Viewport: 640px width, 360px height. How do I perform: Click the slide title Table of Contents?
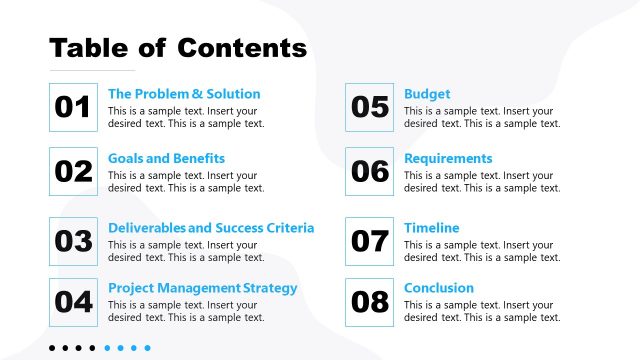pyautogui.click(x=178, y=47)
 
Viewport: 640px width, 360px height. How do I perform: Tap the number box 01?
pyautogui.click(x=73, y=107)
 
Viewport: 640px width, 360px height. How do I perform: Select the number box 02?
pyautogui.click(x=73, y=171)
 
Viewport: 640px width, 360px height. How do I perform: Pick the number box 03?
pyautogui.click(x=73, y=241)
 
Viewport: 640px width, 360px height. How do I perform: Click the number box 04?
pyautogui.click(x=73, y=301)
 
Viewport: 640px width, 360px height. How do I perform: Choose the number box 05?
pyautogui.click(x=370, y=107)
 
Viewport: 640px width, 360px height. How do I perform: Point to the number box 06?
pyautogui.click(x=370, y=171)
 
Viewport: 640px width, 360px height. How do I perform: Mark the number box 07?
pyautogui.click(x=370, y=241)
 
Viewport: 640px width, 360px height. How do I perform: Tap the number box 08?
pyautogui.click(x=370, y=301)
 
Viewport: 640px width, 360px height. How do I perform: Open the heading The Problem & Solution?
pyautogui.click(x=184, y=94)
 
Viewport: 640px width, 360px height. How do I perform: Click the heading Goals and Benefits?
pyautogui.click(x=166, y=158)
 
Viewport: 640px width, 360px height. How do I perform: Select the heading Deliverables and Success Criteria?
pyautogui.click(x=211, y=228)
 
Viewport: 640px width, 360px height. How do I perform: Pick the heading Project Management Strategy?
pyautogui.click(x=202, y=288)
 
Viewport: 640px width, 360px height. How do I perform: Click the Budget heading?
pyautogui.click(x=427, y=94)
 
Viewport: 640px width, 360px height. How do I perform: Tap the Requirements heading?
pyautogui.click(x=448, y=158)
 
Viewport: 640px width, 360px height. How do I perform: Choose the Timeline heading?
pyautogui.click(x=431, y=228)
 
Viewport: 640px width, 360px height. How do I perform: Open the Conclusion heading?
pyautogui.click(x=438, y=288)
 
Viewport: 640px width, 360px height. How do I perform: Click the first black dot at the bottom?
pyautogui.click(x=52, y=348)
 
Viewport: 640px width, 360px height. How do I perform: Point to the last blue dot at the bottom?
pyautogui.click(x=147, y=348)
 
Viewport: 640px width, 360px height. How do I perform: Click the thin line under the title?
pyautogui.click(x=91, y=71)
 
